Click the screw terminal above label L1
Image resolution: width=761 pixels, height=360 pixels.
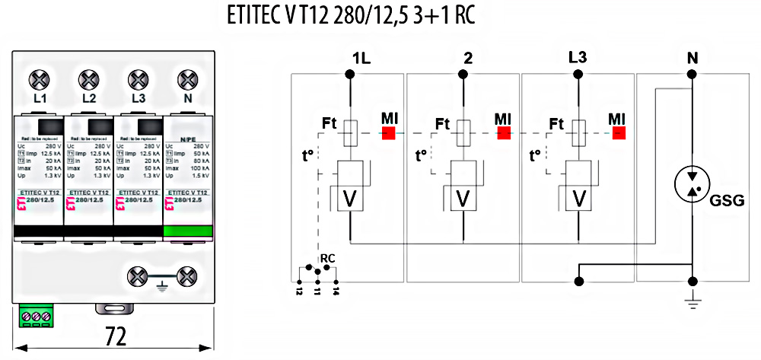[x=40, y=79]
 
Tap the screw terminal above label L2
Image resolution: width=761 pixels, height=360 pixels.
[x=89, y=79]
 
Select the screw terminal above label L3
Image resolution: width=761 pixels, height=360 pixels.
[x=138, y=79]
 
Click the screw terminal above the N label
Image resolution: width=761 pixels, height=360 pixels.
[x=186, y=79]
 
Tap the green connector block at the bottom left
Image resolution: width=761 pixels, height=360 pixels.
[x=36, y=316]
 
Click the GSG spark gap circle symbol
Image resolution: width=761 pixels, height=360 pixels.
[x=692, y=185]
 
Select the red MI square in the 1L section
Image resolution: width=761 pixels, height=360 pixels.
[x=390, y=132]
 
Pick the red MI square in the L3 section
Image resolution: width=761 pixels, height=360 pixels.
[x=618, y=132]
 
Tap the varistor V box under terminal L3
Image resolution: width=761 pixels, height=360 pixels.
[x=578, y=199]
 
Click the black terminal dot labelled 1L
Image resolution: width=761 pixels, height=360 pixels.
[x=350, y=74]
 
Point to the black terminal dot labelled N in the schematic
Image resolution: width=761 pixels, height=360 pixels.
[x=692, y=74]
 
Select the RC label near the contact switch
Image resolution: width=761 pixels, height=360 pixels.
[x=328, y=258]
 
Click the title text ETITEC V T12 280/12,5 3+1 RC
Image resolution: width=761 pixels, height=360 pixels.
[x=351, y=17]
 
